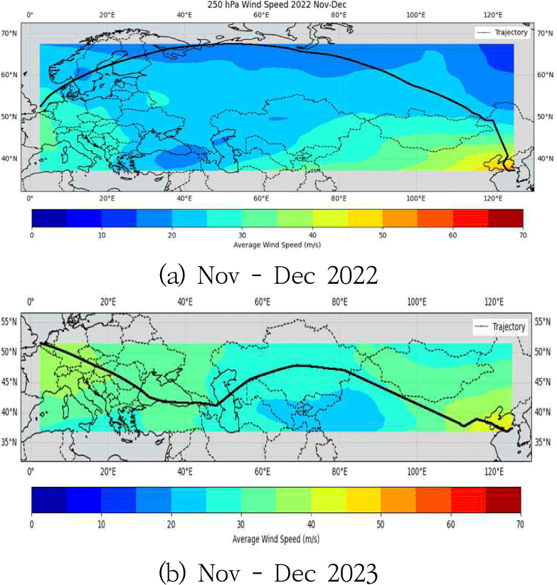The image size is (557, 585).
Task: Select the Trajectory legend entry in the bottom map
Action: pos(501,327)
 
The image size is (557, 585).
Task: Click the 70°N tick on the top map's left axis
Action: pos(10,33)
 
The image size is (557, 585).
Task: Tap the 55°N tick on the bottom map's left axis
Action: pos(10,322)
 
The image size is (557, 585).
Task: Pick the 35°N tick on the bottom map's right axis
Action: pos(543,442)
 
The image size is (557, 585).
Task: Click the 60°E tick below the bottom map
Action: pos(262,471)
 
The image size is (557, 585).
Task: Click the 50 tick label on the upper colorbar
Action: pos(382,233)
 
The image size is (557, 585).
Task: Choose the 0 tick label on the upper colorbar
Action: pos(32,233)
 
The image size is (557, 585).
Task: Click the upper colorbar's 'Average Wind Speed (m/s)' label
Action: pos(276,244)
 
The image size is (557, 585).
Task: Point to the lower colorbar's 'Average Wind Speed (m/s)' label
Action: pos(276,538)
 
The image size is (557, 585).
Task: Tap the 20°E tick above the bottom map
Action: pos(107,302)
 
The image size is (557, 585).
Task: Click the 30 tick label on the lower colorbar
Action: pos(241,523)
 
